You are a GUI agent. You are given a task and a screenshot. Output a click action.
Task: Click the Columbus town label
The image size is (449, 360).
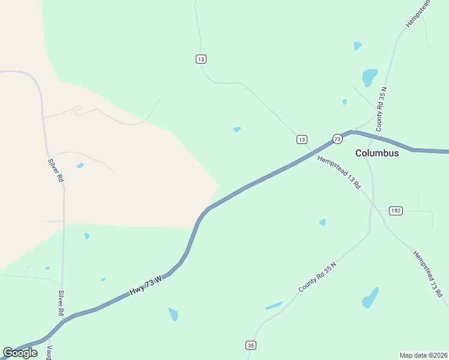coord(377,153)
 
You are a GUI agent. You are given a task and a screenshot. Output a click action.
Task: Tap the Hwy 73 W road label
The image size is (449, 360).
coord(146,285)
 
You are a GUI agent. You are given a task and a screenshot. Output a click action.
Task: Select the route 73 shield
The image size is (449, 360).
coord(337,139)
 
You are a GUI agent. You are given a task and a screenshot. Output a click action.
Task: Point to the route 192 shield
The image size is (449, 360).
coord(395,211)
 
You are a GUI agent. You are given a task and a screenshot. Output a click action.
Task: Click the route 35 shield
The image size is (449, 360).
coord(251,345)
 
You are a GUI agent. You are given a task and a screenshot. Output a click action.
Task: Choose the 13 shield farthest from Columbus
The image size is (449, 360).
coord(200,59)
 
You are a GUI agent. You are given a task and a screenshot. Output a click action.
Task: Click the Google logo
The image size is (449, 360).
coord(20,353)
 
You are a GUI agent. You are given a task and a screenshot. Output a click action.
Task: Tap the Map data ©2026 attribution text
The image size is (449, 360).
coord(424,355)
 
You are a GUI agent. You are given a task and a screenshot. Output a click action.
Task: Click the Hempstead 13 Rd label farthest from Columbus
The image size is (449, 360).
coord(427,274)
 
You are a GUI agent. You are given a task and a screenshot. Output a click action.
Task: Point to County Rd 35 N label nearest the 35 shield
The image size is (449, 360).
coord(317,277)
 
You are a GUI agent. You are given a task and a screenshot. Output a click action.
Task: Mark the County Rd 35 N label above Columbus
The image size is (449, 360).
coord(381,109)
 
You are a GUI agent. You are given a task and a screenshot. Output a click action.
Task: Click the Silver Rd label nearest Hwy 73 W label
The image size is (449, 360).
coord(61,304)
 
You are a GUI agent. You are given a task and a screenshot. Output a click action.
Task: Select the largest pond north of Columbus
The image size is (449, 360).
coord(369,77)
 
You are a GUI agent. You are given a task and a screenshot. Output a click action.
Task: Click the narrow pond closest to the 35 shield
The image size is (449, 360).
coord(274,305)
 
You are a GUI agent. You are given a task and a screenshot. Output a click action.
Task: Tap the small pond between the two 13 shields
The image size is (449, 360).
coord(237,129)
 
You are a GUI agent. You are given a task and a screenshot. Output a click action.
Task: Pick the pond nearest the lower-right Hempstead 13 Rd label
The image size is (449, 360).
coord(370,298)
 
